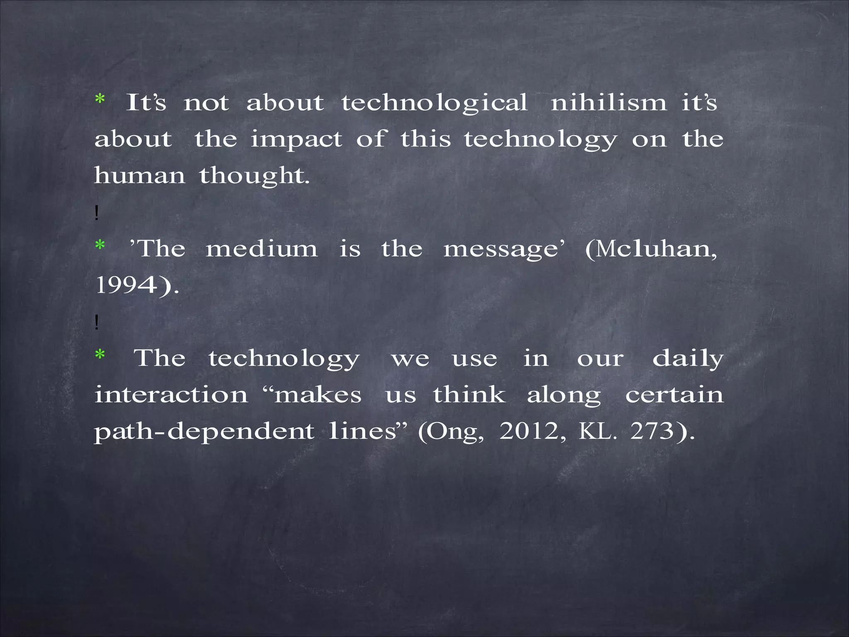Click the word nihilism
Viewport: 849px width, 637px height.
pyautogui.click(x=609, y=102)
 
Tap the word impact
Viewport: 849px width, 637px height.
pyautogui.click(x=296, y=140)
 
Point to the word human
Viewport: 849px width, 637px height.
pyautogui.click(x=139, y=175)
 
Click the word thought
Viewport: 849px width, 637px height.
pyautogui.click(x=254, y=176)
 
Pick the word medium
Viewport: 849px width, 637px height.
pyautogui.click(x=262, y=249)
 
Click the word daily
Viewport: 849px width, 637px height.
pyautogui.click(x=688, y=359)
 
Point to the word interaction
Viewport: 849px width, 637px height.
pyautogui.click(x=171, y=394)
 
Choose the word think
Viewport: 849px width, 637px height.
pyautogui.click(x=469, y=394)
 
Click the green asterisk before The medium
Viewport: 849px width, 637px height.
pyautogui.click(x=100, y=246)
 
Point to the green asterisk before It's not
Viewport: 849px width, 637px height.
pyautogui.click(x=100, y=100)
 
